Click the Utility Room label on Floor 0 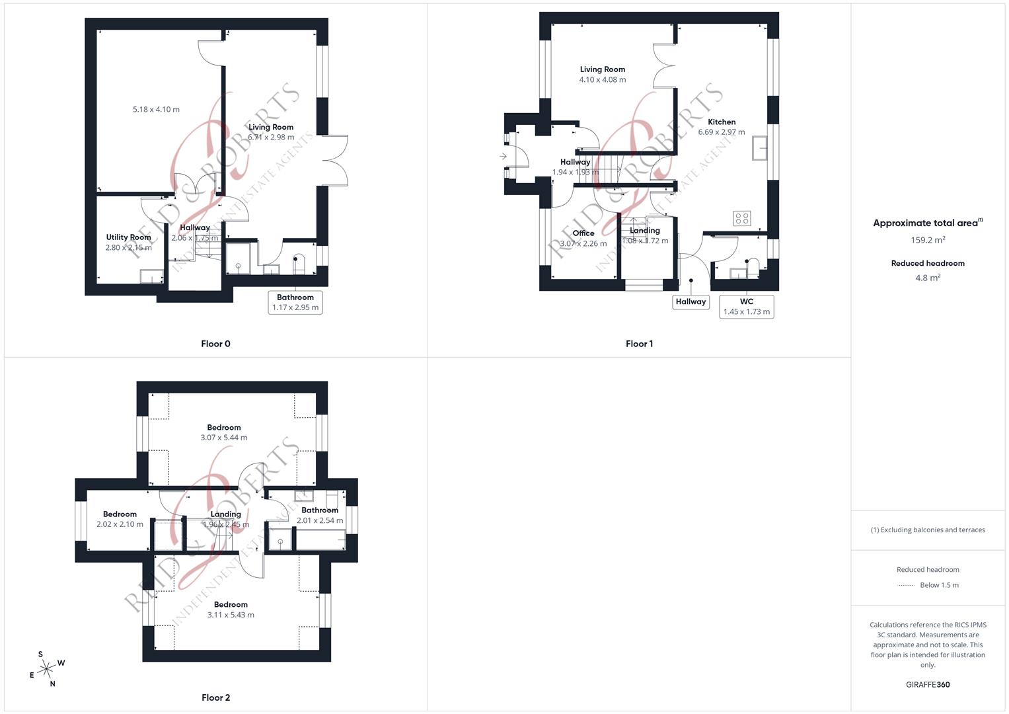click(128, 237)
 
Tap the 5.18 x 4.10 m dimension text click(156, 110)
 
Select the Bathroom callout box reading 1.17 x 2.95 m click(295, 302)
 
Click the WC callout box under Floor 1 click(746, 307)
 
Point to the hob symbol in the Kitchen click(741, 218)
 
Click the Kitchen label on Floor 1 click(721, 122)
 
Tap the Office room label click(583, 233)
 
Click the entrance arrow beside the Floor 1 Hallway click(503, 157)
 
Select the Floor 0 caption click(215, 344)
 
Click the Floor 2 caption click(215, 697)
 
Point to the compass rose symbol click(46, 670)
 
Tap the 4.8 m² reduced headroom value click(927, 278)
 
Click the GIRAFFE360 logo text click(927, 684)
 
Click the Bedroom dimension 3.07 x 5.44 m click(224, 438)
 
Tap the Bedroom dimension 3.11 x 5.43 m click(231, 615)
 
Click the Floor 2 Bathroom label click(320, 510)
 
